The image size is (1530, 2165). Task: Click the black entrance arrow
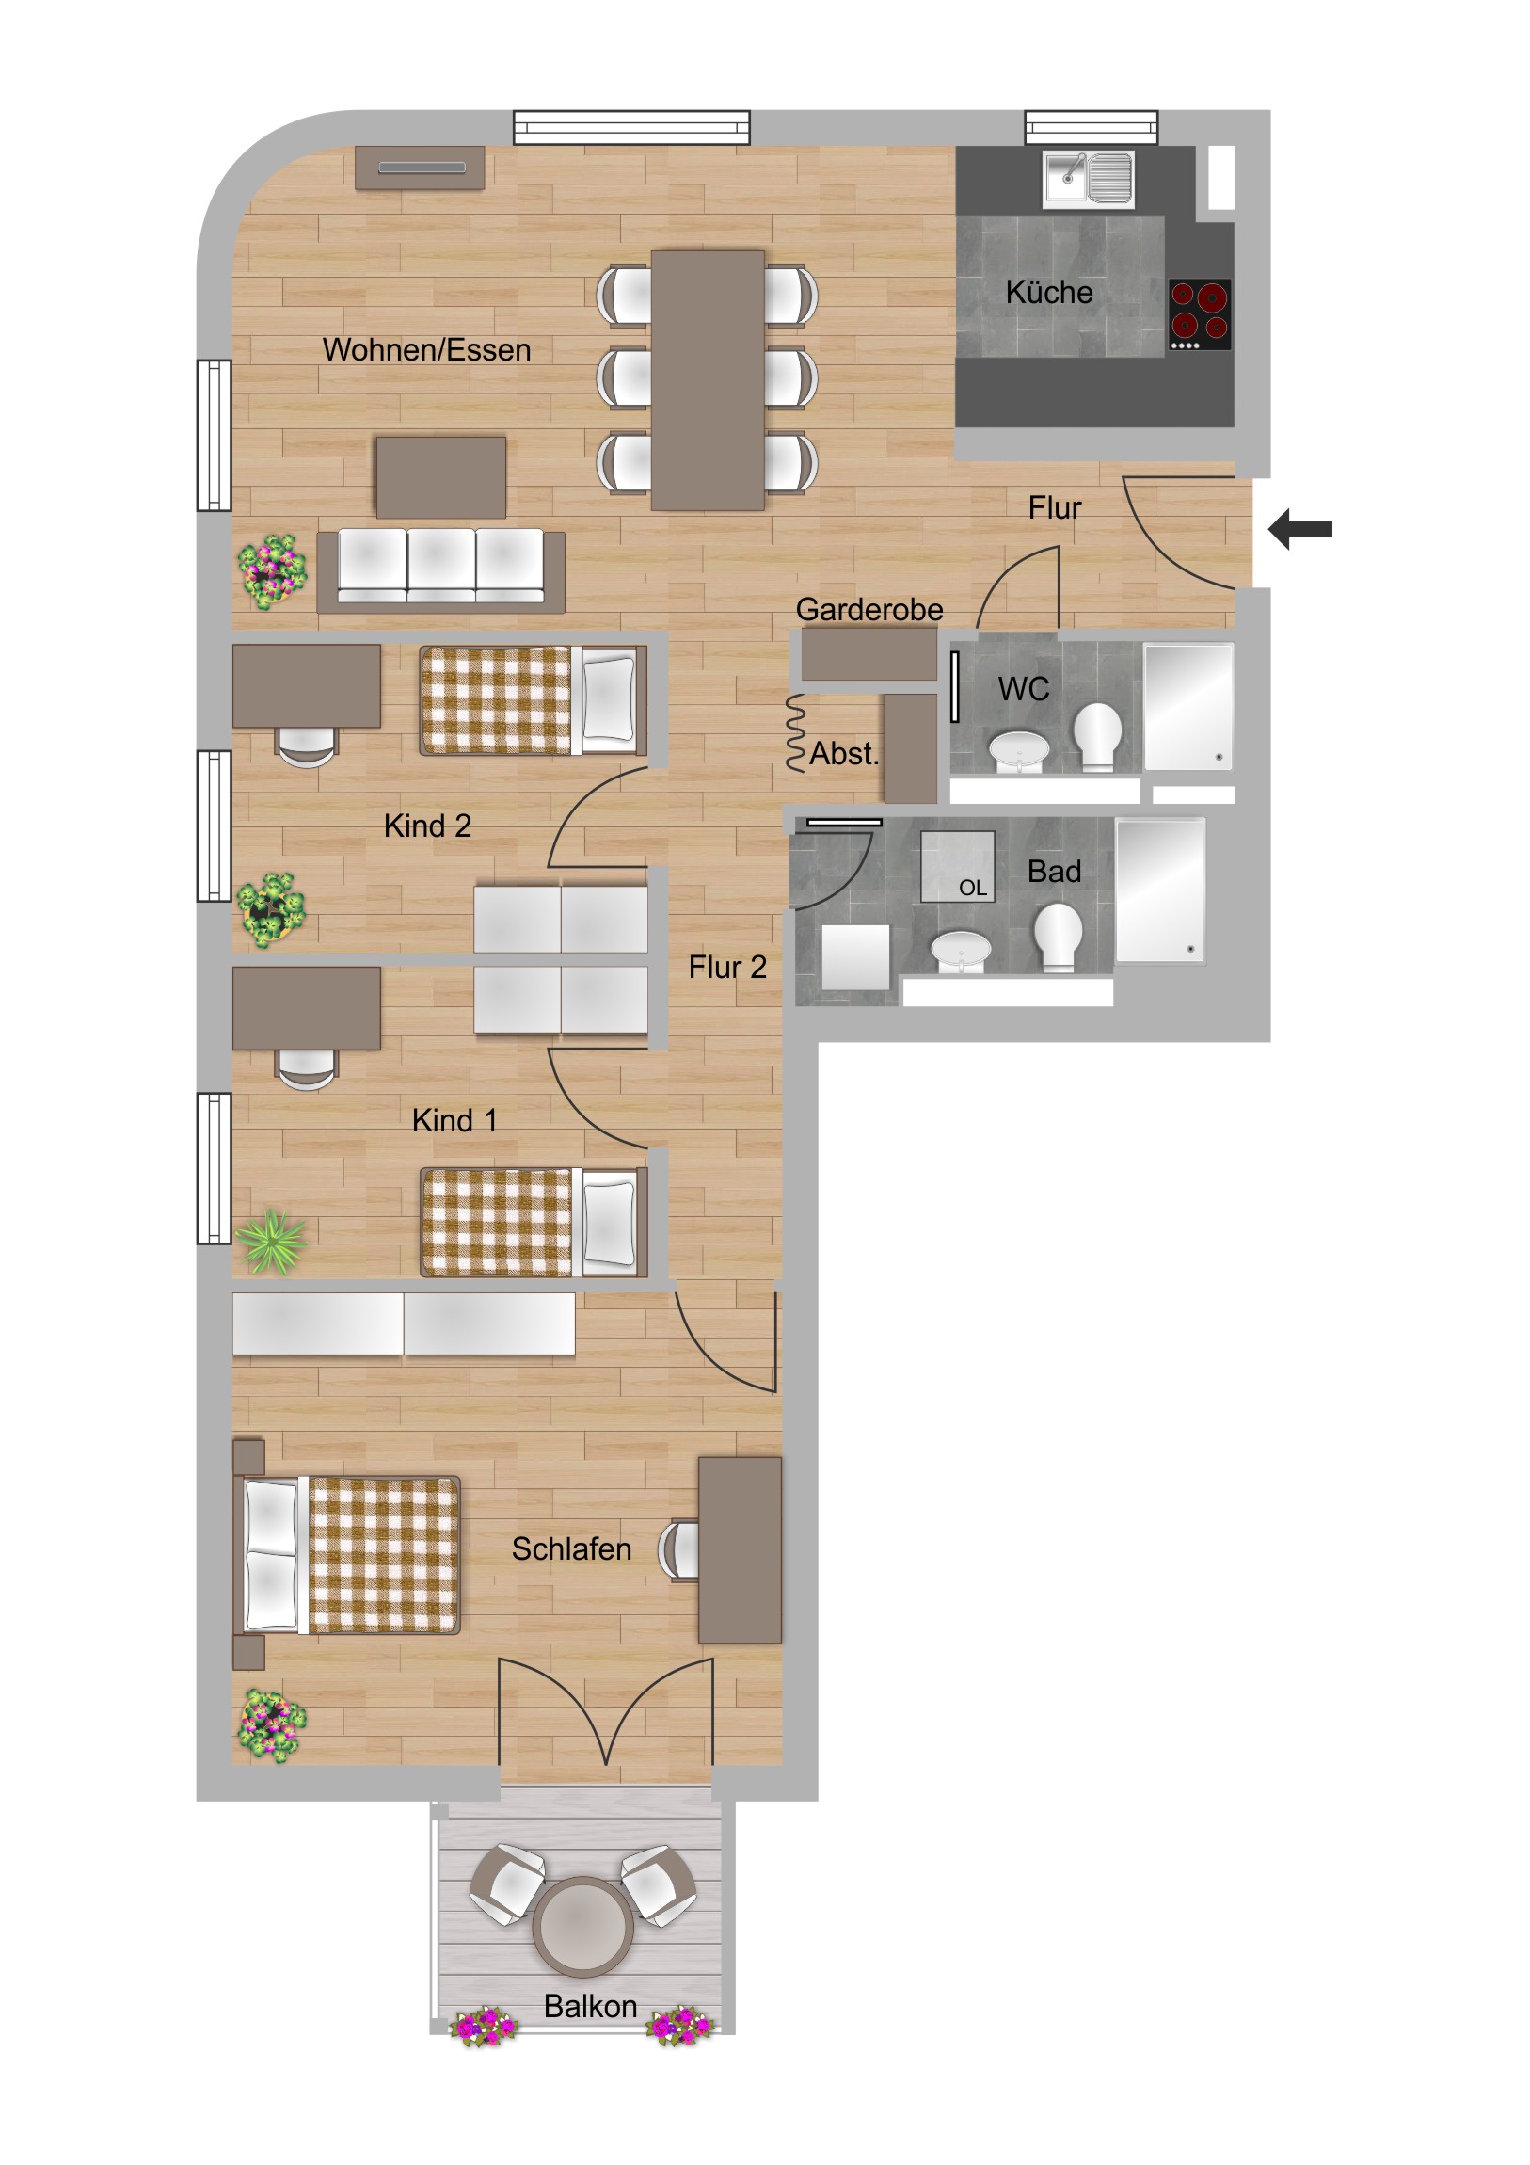point(1300,529)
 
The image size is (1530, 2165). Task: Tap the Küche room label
point(1049,293)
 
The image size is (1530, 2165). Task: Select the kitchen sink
point(1088,178)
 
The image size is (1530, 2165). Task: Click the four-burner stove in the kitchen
point(1199,314)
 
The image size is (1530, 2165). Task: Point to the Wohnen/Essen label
point(427,350)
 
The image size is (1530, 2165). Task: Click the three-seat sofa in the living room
point(441,569)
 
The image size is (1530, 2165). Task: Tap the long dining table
point(707,380)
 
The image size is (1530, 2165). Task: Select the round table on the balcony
point(582,1926)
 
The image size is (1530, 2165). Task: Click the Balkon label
point(590,2006)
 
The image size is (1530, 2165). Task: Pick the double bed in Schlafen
point(347,1554)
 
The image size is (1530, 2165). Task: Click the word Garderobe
point(869,609)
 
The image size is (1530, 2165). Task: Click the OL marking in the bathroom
point(973,888)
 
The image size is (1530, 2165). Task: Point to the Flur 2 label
point(726,967)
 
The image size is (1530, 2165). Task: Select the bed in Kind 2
point(534,700)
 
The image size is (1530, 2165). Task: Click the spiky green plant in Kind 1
point(272,1241)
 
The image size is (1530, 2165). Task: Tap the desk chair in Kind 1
point(307,1069)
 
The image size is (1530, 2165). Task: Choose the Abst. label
point(845,753)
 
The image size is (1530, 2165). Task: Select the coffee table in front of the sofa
point(441,477)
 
